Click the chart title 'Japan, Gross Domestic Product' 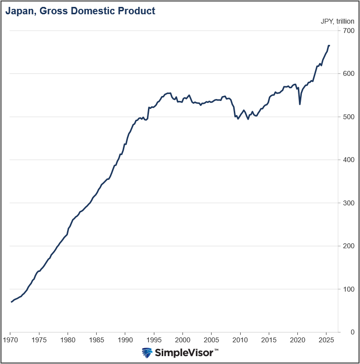click(x=80, y=10)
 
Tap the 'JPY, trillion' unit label click(x=337, y=21)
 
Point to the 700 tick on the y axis click(x=349, y=31)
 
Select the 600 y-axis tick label click(x=349, y=74)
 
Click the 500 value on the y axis click(x=349, y=117)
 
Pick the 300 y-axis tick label click(x=349, y=203)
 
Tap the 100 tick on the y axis click(x=349, y=289)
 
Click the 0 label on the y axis click(x=352, y=332)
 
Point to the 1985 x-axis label click(x=97, y=340)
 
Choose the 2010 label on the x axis click(x=240, y=340)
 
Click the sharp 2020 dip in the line click(x=300, y=104)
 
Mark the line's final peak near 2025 click(x=329, y=46)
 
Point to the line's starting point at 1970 click(x=11, y=301)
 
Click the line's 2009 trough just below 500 click(x=238, y=119)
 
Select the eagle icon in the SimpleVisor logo click(x=147, y=353)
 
